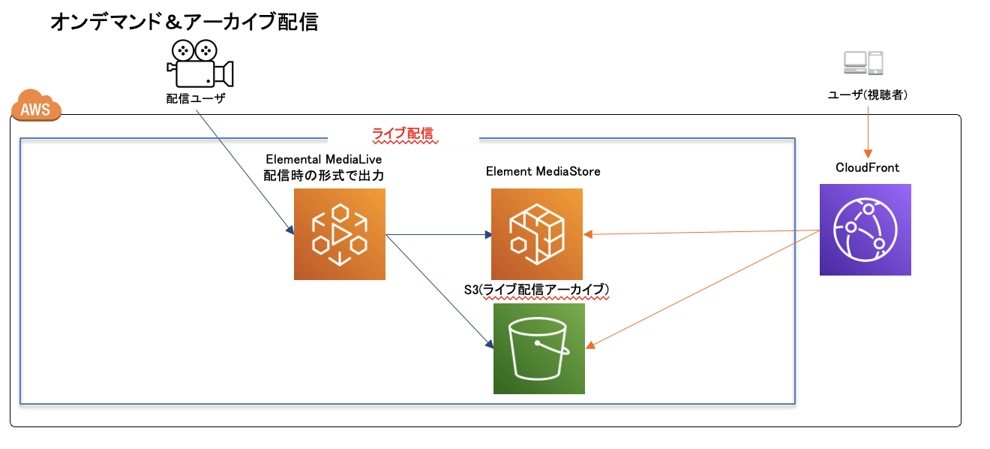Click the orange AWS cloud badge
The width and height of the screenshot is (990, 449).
[x=35, y=110]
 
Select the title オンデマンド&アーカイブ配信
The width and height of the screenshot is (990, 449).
[x=184, y=23]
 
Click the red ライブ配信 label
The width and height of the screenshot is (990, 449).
[x=403, y=134]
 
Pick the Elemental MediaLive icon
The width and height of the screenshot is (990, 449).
[x=340, y=234]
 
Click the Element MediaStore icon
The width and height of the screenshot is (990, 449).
[x=537, y=234]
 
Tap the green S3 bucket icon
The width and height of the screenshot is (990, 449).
[x=538, y=349]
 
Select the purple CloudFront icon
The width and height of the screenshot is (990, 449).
[x=865, y=230]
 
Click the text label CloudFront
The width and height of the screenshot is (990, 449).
[x=867, y=167]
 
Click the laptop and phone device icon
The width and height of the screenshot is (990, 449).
[x=862, y=63]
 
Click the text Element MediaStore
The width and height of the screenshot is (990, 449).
[x=543, y=171]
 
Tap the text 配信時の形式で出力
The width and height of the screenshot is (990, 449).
[x=325, y=175]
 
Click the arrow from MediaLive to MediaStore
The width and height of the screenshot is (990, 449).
[x=439, y=235]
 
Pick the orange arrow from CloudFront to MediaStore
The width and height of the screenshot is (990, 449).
[x=701, y=232]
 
